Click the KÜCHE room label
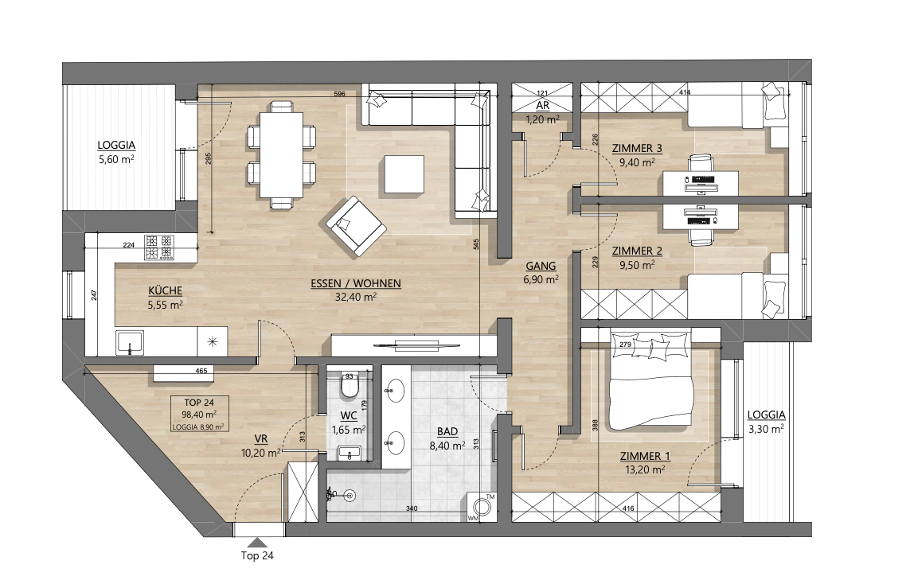coord(166,290)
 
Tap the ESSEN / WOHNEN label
coord(356,283)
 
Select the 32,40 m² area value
coord(356,297)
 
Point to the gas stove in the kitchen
coord(158,247)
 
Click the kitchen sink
coord(130,343)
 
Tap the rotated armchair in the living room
coord(356,226)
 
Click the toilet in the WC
coord(350,388)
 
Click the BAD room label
coord(447,431)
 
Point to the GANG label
coord(541,266)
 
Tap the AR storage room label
coord(542,106)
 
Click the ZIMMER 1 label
coord(641,457)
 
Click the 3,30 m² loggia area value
coord(766,429)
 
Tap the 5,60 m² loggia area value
coord(116,160)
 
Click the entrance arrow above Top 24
coord(256,542)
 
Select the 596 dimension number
coord(339,94)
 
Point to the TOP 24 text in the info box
coord(199,403)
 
